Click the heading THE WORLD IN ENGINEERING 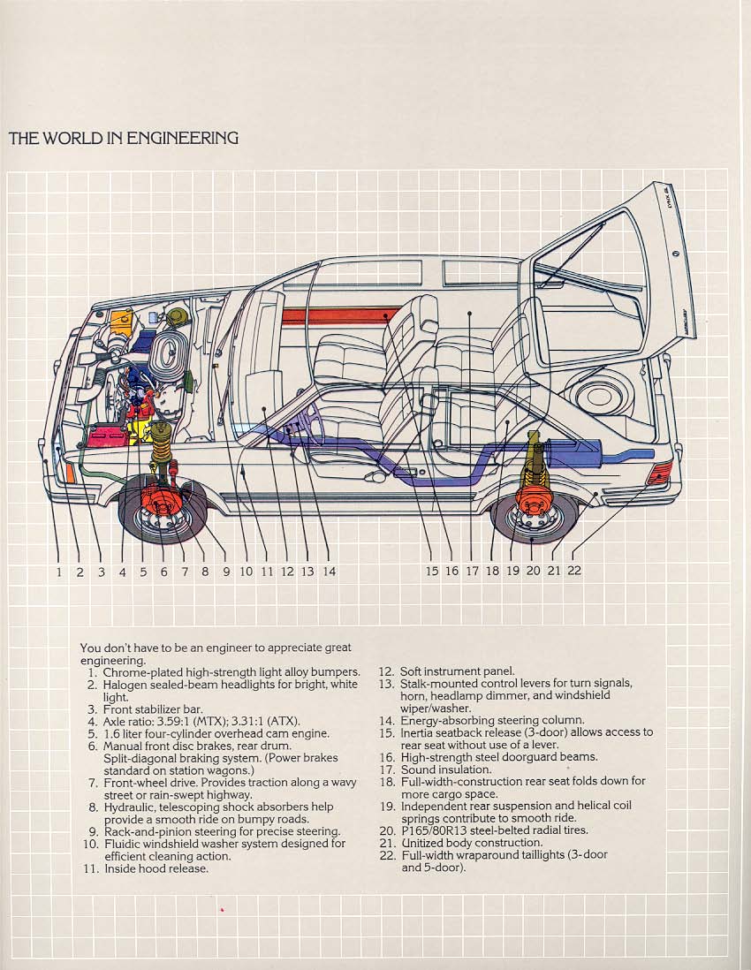pos(123,138)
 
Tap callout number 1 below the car pos(59,572)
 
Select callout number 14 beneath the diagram pos(329,572)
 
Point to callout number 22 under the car pos(574,571)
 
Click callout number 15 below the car pos(431,572)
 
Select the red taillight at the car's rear pos(660,473)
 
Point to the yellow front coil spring pos(163,451)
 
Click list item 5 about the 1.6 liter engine pos(216,733)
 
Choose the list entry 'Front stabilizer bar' pos(153,709)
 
